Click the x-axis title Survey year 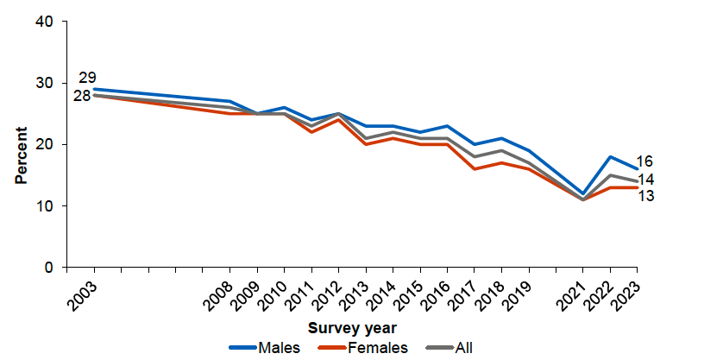coord(352,328)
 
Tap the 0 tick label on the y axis coord(49,268)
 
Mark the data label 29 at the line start coord(87,78)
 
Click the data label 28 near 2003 coord(82,96)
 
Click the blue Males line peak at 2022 coord(610,157)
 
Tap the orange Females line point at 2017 coord(474,169)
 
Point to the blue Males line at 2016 coord(447,126)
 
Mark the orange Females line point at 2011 coord(311,132)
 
